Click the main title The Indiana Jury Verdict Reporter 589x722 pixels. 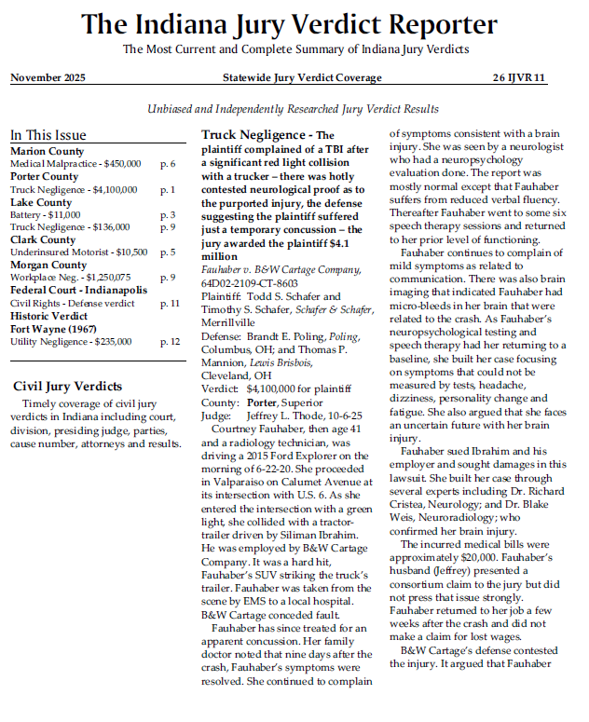[x=294, y=24]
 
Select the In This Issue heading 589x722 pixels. [x=48, y=134]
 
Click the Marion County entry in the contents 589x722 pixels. [x=47, y=151]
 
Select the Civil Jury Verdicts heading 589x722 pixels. [x=67, y=386]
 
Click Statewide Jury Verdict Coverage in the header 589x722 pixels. [x=302, y=77]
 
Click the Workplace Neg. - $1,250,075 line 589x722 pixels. [x=71, y=278]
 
